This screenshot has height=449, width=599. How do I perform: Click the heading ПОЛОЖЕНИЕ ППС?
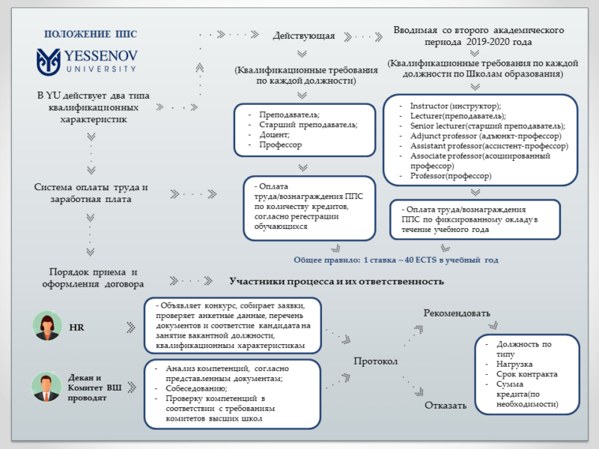pos(91,34)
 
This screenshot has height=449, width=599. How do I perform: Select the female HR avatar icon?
pos(46,327)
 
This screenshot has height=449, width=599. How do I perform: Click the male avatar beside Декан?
pos(46,387)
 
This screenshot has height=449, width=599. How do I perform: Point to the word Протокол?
pos(376,362)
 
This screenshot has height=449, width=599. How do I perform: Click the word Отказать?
pos(446,406)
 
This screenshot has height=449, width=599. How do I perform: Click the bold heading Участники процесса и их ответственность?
pos(336,281)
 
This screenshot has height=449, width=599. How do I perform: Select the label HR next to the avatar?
pos(76,328)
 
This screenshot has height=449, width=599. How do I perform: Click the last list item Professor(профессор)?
pos(451,176)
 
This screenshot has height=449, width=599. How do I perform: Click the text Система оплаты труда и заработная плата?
pos(91,193)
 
